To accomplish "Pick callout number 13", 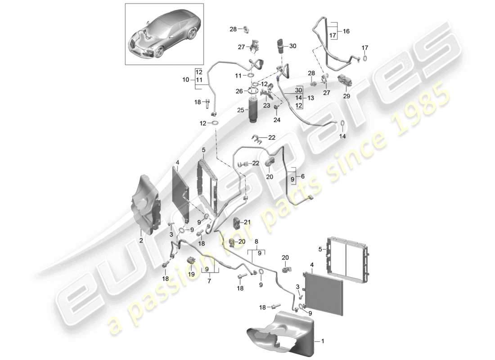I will pos(310,98).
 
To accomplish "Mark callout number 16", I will pos(346,31).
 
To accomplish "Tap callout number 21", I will pos(247,221).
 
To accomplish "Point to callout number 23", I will pos(266,106).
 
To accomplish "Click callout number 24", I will pos(276,120).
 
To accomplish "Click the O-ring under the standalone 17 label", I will pos(365,58).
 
